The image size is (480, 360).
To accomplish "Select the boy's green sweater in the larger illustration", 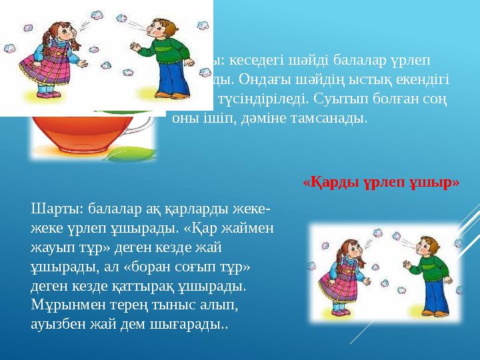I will pos(162,62).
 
